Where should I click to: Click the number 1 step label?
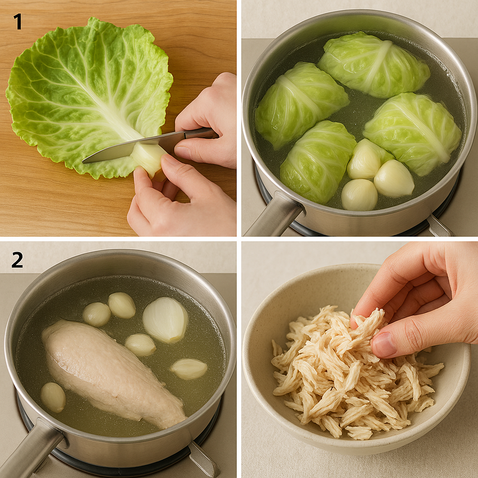[x=18, y=21]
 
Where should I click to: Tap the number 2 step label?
[x=17, y=260]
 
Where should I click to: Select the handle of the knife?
[x=200, y=133]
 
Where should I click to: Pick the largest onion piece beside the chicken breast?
[x=165, y=320]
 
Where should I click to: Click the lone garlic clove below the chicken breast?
[x=53, y=398]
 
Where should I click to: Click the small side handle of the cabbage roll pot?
[x=438, y=225]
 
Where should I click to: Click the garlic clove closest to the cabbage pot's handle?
[x=359, y=195]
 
